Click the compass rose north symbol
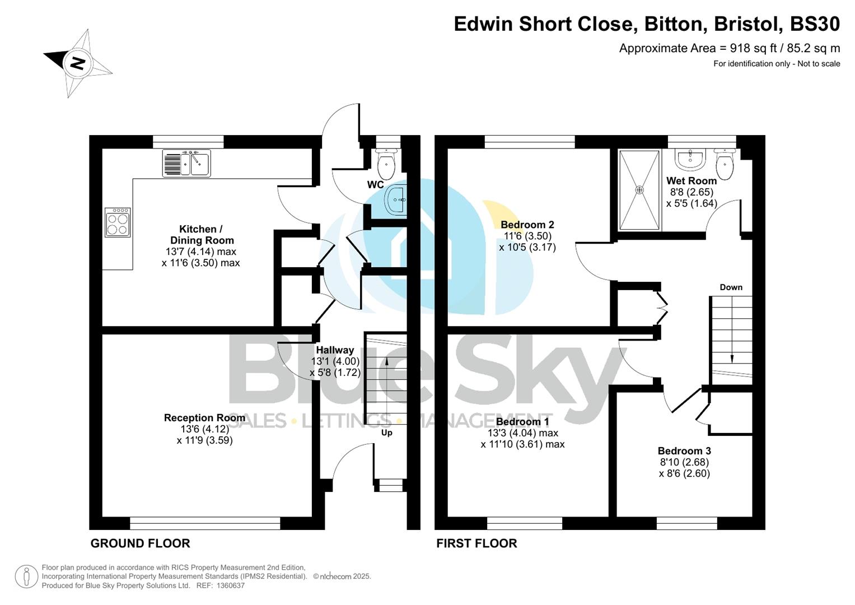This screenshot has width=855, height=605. tap(78, 63)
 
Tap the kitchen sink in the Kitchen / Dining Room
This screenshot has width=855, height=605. tap(186, 163)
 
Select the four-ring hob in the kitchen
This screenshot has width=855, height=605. tap(118, 222)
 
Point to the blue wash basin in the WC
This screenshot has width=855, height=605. tap(396, 199)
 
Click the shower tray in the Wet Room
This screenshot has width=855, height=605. tap(639, 190)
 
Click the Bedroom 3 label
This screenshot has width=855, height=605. tap(684, 451)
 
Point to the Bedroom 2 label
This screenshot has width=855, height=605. tap(527, 225)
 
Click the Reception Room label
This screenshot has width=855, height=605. tap(204, 418)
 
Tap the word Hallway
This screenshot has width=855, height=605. tap(335, 350)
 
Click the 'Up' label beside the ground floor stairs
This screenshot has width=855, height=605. tap(386, 432)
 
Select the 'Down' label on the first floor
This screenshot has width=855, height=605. tap(731, 287)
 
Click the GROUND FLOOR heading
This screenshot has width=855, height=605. tap(140, 543)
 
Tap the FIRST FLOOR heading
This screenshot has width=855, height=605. tap(476, 543)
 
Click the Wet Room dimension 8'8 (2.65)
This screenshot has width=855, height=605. tap(692, 192)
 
